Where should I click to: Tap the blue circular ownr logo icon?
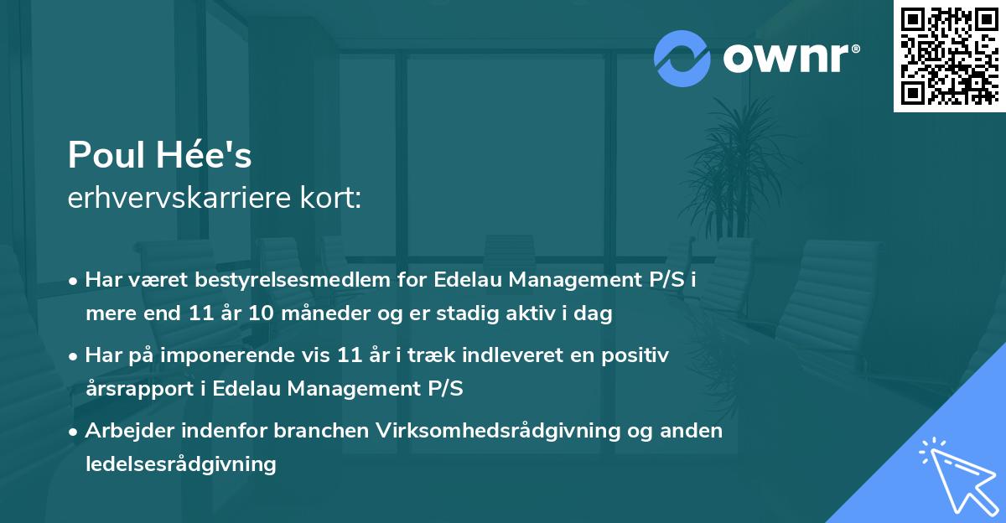pos(683,58)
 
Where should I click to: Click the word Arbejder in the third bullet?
pos(126,430)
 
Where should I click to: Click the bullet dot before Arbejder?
pos(74,431)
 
